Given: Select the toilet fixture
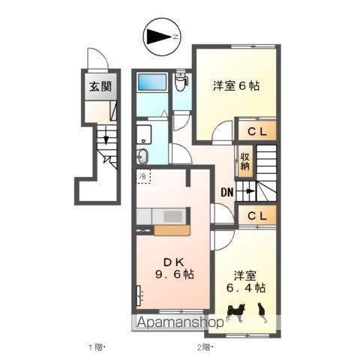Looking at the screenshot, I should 181,82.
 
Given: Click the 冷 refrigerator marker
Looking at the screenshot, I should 142,176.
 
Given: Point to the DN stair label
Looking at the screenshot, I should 226,192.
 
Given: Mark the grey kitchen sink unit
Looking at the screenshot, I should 170,216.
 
